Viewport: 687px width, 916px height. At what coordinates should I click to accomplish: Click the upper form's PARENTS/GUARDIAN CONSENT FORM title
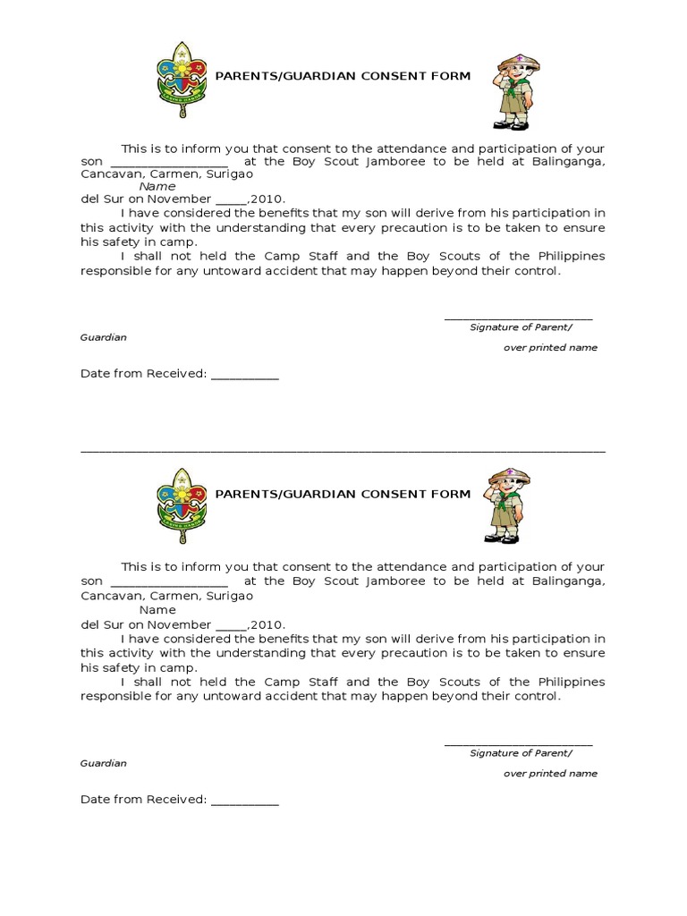343,76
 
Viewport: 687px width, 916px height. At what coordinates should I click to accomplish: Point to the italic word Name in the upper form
157,186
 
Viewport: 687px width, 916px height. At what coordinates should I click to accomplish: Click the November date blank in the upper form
231,202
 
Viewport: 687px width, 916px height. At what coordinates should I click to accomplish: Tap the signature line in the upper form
518,319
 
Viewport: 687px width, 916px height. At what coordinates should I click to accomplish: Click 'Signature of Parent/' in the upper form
521,327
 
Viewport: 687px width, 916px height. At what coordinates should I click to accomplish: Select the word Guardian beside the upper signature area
104,337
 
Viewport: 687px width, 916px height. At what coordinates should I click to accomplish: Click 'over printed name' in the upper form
550,347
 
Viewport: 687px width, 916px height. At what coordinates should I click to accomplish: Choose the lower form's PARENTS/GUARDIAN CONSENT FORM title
343,494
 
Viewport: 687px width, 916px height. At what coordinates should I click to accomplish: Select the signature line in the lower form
518,745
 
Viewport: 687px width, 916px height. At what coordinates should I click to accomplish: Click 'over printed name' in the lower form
550,773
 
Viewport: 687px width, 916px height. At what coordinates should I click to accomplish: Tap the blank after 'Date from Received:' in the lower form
245,803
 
